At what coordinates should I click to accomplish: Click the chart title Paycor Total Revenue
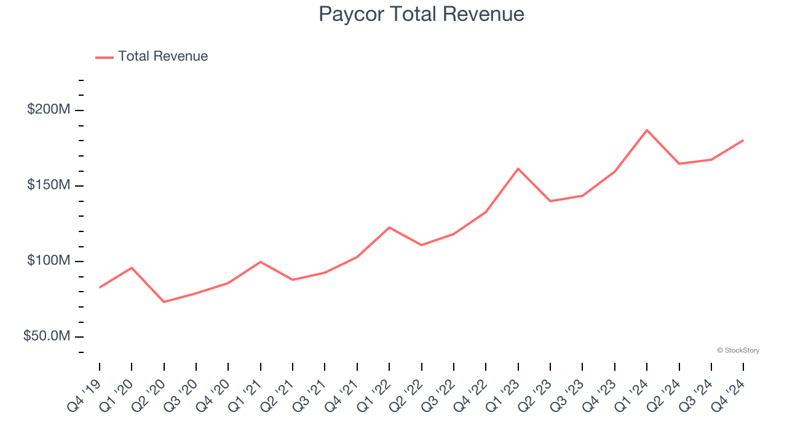421,14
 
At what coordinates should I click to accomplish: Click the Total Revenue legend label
163,56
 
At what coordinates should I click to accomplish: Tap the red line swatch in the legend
105,57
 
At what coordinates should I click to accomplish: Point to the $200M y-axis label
49,110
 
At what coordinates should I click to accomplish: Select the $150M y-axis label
49,185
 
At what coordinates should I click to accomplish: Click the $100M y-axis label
49,261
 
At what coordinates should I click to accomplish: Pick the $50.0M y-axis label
47,336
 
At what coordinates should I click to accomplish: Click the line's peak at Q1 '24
647,130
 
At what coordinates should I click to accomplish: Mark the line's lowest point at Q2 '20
164,302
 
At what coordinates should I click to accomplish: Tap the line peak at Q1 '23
518,168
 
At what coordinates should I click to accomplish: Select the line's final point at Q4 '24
743,140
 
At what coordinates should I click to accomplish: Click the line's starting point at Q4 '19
100,287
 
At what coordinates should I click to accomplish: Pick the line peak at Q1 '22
389,227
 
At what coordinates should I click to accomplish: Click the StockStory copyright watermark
738,351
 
